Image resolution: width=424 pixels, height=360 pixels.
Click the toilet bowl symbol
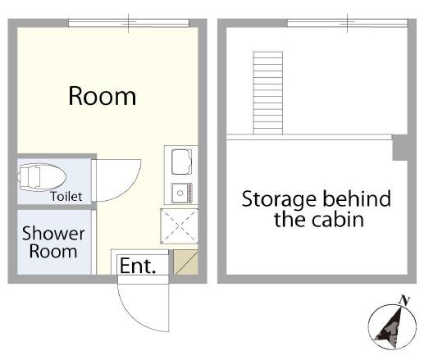(x=42, y=177)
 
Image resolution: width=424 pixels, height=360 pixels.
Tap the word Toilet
(x=66, y=197)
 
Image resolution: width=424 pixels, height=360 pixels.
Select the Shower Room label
(x=53, y=242)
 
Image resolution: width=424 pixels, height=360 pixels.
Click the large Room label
(x=102, y=96)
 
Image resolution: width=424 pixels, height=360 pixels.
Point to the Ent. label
(x=138, y=266)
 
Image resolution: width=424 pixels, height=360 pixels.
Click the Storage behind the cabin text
(x=317, y=209)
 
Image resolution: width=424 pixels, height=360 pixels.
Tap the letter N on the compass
(x=404, y=301)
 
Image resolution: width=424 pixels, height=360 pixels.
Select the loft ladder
(x=268, y=93)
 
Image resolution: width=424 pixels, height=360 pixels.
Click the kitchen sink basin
(x=181, y=162)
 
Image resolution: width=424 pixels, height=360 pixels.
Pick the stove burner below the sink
(x=182, y=193)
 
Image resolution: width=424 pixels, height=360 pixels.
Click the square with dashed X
(x=179, y=226)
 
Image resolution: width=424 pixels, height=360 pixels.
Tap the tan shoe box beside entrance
(x=185, y=262)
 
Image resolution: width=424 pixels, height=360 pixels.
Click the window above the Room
(x=129, y=23)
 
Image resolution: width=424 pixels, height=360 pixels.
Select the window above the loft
(x=347, y=23)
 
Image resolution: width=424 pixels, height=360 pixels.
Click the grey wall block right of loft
(x=400, y=148)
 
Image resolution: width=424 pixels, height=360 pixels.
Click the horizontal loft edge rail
(x=309, y=137)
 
